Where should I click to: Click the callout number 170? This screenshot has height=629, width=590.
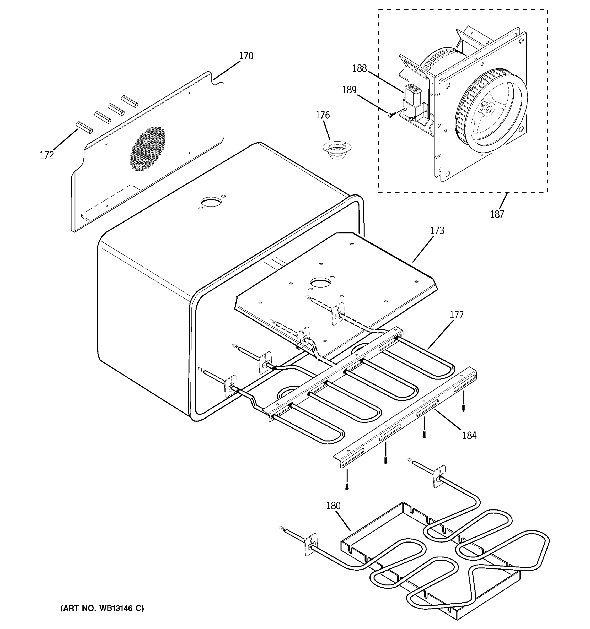tap(246, 56)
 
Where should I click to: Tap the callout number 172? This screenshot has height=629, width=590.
tap(47, 155)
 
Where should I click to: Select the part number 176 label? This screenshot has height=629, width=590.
tap(323, 115)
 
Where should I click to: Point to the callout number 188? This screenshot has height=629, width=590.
tap(360, 68)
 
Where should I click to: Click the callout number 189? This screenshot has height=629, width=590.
tap(349, 90)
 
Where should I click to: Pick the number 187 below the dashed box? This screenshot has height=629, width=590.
tap(497, 214)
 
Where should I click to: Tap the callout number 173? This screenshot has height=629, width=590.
tap(437, 231)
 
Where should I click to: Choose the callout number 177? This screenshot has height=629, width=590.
tap(457, 315)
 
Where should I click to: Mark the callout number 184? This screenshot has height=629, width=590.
tap(469, 435)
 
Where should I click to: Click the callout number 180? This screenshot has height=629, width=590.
tap(333, 506)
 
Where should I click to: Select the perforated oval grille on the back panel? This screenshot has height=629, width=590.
tap(148, 149)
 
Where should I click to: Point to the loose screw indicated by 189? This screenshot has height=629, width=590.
tap(391, 115)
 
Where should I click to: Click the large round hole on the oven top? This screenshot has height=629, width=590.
tap(211, 202)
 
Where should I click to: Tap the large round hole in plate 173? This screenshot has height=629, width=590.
tap(320, 282)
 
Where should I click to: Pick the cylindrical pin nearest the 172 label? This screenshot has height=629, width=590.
tap(84, 127)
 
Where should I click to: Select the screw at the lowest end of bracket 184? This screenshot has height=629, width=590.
tap(347, 487)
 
